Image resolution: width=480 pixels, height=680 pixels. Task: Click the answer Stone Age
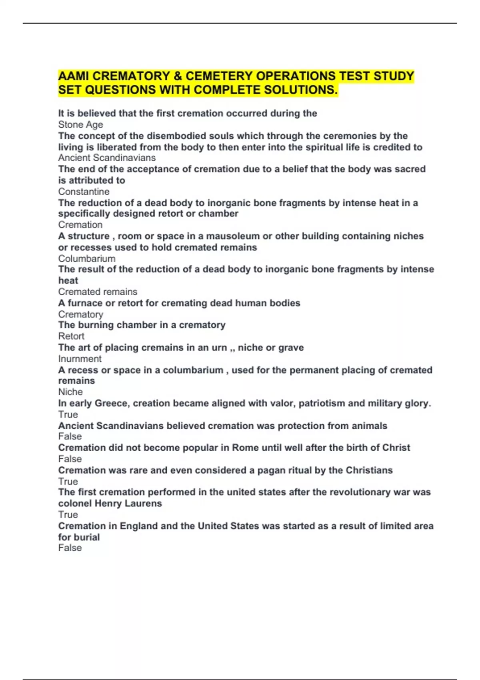click(80, 125)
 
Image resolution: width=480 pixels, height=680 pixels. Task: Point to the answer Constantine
click(84, 192)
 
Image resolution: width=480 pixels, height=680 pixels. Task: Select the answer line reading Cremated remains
click(98, 292)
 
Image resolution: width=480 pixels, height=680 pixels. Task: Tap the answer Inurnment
click(80, 359)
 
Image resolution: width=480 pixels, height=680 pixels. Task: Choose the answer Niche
click(70, 392)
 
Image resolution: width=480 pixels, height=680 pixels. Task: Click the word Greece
click(112, 403)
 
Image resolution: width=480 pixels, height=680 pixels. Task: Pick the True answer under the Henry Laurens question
click(68, 514)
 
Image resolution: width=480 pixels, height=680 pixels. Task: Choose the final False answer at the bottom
click(70, 548)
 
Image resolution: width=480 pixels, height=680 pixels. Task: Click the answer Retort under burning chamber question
click(71, 336)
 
